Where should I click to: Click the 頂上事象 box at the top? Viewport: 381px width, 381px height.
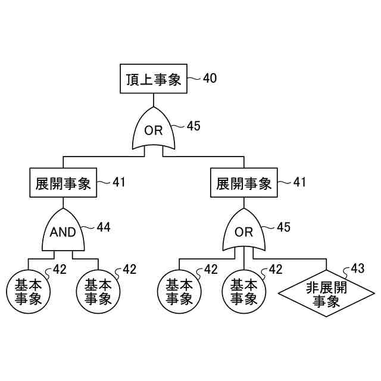click(154, 79)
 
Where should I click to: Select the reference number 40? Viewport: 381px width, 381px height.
click(210, 78)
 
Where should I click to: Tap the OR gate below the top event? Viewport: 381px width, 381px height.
click(154, 130)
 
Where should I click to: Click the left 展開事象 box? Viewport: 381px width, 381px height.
click(62, 183)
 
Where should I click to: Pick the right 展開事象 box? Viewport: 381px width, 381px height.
click(244, 183)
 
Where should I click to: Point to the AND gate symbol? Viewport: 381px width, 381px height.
click(63, 232)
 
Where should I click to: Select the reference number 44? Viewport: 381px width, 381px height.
click(104, 227)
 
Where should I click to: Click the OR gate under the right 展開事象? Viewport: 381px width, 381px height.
click(244, 232)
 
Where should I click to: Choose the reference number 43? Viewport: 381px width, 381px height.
click(357, 268)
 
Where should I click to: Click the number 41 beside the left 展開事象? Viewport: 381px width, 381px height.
click(119, 182)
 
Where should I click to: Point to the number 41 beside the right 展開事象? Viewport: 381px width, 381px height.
click(299, 182)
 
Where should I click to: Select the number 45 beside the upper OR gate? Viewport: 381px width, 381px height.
click(193, 126)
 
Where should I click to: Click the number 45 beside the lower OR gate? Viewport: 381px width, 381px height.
click(283, 227)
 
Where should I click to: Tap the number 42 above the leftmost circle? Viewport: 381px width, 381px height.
click(60, 269)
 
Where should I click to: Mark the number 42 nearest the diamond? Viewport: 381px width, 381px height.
click(275, 269)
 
